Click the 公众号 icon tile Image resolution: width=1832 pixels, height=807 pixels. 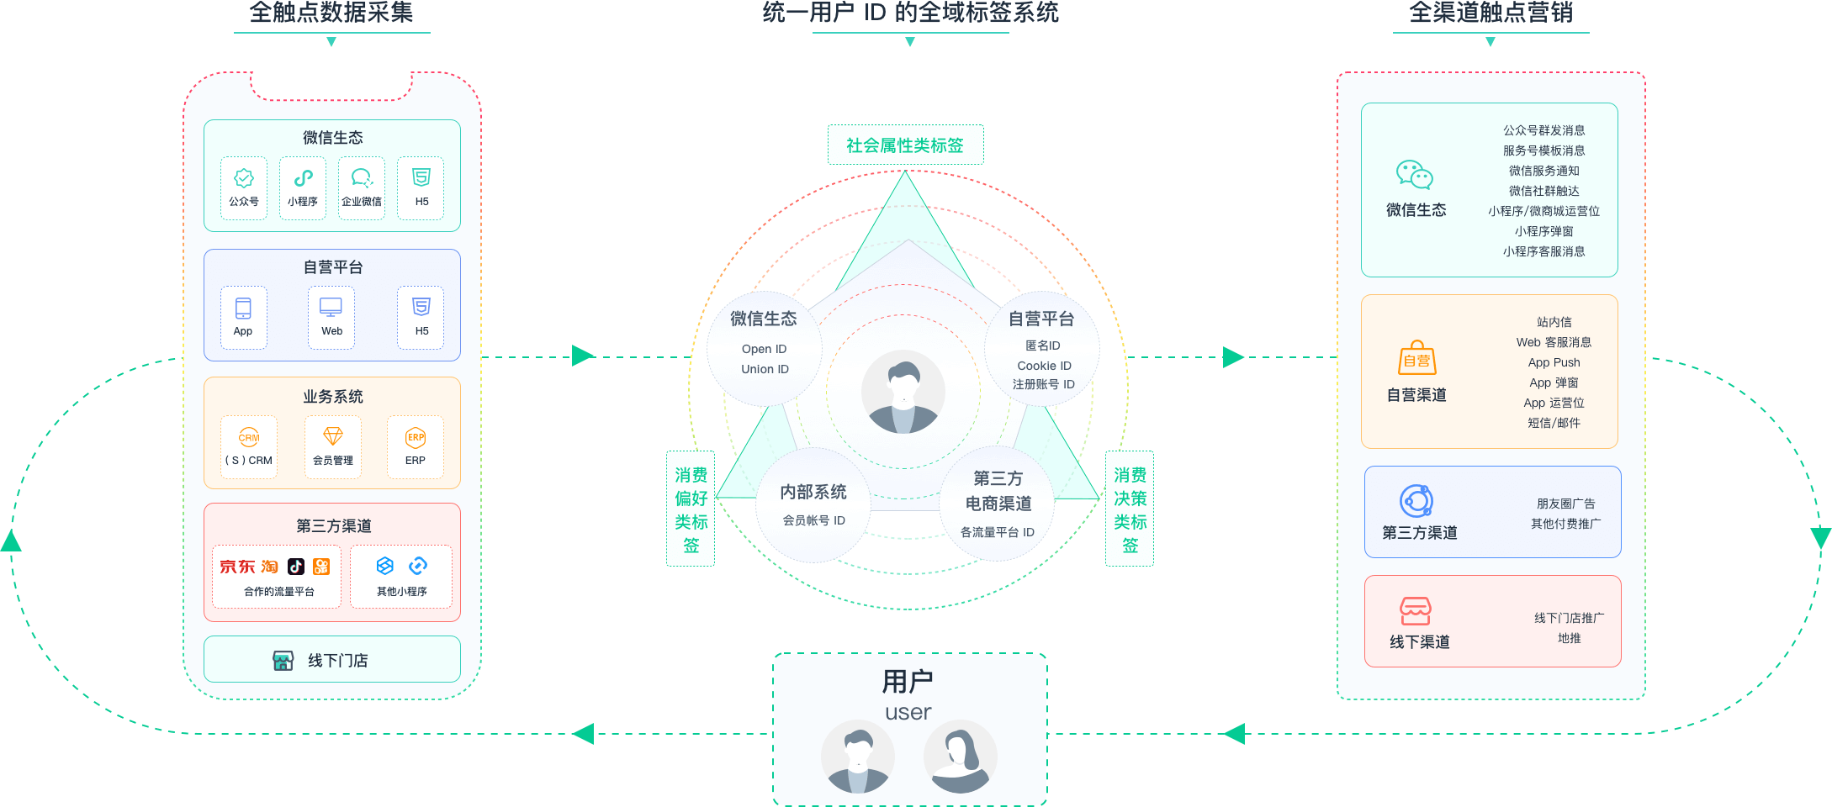click(x=244, y=188)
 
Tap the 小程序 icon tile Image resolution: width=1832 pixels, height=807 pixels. click(x=303, y=188)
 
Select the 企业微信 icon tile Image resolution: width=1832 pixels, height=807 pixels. click(x=362, y=188)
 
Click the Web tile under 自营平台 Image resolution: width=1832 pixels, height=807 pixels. click(x=331, y=317)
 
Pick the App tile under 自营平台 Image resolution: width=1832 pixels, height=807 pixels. click(x=243, y=317)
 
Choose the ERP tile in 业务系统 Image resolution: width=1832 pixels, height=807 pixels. click(x=416, y=446)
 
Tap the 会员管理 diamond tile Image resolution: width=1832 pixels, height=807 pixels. click(x=333, y=446)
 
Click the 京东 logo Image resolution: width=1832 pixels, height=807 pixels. click(x=237, y=567)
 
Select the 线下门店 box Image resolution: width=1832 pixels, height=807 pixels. click(x=332, y=660)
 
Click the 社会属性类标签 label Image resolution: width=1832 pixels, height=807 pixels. click(x=905, y=145)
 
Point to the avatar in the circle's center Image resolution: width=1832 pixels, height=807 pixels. click(x=903, y=393)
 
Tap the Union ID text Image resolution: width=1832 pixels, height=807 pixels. click(x=765, y=369)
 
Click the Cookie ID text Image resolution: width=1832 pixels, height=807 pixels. click(x=1044, y=366)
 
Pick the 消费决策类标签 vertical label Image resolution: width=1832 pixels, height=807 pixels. click(x=1130, y=509)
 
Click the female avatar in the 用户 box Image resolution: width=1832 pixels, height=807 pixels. click(x=960, y=757)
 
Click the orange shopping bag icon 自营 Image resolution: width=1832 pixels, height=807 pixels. click(x=1417, y=359)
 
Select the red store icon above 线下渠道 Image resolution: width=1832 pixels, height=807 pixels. click(x=1415, y=611)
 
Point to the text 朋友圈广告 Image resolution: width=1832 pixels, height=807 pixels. click(x=1565, y=504)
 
